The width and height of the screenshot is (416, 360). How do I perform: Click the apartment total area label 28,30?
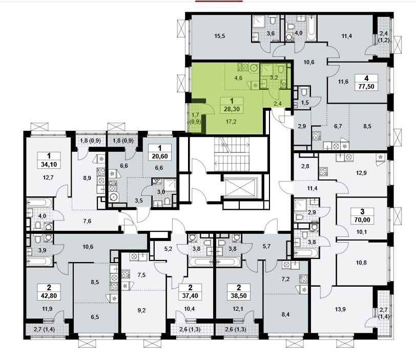[232, 109]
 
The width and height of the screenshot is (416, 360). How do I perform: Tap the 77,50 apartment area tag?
[366, 86]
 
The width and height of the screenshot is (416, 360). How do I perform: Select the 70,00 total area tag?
[362, 220]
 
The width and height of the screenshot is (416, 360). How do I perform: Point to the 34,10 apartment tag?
[49, 164]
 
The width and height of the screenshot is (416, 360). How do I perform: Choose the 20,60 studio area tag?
[160, 156]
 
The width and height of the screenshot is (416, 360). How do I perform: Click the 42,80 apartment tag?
[49, 295]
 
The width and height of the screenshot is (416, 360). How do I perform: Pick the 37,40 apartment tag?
[190, 295]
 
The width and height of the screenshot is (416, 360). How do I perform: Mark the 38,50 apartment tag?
[239, 295]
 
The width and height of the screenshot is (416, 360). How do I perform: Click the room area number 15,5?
[220, 36]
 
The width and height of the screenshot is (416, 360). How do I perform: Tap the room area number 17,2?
[231, 122]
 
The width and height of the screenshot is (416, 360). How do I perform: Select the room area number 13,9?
[340, 309]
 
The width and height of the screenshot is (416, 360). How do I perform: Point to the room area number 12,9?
[361, 173]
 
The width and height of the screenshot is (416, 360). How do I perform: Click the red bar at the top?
[219, 1]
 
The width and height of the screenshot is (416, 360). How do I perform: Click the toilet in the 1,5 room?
[304, 92]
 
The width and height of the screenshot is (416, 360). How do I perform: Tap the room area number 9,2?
[142, 310]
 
